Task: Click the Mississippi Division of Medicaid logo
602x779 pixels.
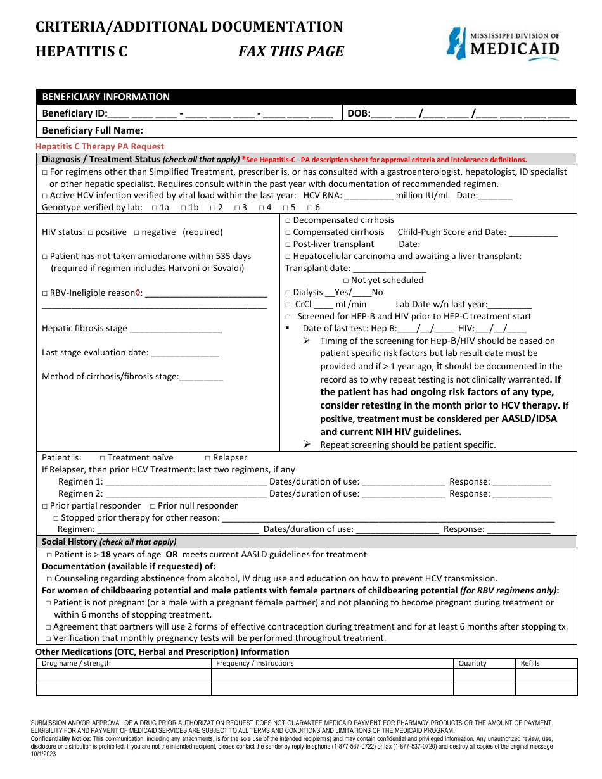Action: click(503, 44)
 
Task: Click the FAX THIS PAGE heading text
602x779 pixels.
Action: click(291, 52)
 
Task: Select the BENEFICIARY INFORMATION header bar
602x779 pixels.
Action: click(306, 97)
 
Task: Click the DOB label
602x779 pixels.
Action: click(358, 114)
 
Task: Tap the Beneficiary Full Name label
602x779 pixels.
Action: click(93, 130)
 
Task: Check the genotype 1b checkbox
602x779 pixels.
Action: click(183, 208)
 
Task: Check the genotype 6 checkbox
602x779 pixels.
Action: click(309, 208)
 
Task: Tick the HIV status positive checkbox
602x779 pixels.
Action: click(91, 232)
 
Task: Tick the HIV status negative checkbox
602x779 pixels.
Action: click(137, 232)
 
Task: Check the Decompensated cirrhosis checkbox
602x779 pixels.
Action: click(288, 220)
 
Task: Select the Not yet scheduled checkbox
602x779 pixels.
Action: click(346, 281)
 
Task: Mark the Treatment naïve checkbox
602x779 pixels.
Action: click(103, 458)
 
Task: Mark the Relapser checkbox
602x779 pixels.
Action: click(208, 458)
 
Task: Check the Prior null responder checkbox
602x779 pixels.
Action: click(153, 506)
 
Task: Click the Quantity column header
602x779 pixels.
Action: click(473, 664)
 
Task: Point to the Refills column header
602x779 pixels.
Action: click(530, 664)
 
